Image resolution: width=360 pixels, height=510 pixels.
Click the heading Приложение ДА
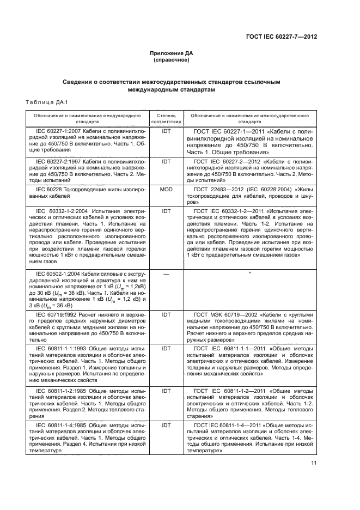pyautogui.click(x=172, y=53)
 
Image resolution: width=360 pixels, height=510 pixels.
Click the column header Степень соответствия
pyautogui.click(x=165, y=119)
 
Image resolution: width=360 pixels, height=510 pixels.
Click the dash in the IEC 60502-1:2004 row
pyautogui.click(x=166, y=272)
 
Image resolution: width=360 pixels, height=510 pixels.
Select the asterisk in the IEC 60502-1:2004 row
pyautogui.click(x=249, y=272)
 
